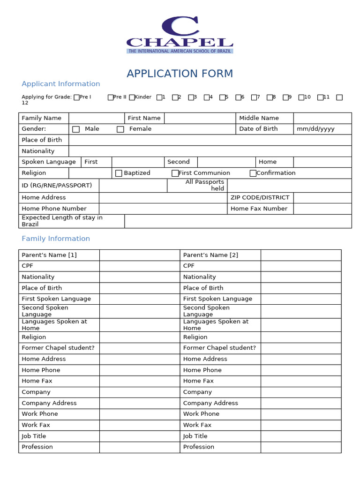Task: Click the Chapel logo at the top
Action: pos(180,35)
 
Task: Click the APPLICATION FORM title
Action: pos(180,74)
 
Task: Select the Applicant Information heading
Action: pos(61,84)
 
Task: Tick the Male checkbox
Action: pos(76,129)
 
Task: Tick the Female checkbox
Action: pos(120,129)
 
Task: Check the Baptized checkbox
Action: pos(119,173)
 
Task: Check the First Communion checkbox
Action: pos(175,173)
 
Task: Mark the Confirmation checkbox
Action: pos(253,173)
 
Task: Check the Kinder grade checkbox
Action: pos(132,97)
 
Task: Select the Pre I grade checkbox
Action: pos(77,97)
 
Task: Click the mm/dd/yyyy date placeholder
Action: pos(315,129)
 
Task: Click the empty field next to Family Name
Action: pos(96,118)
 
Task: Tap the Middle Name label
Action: pos(259,118)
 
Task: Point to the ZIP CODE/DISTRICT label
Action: pos(260,197)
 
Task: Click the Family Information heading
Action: pos(56,239)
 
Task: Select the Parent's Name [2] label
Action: pos(210,255)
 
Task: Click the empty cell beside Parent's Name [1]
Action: pos(139,255)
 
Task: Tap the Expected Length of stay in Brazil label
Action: pos(62,221)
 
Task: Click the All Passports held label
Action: pos(205,185)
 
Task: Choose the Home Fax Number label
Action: pos(259,209)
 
